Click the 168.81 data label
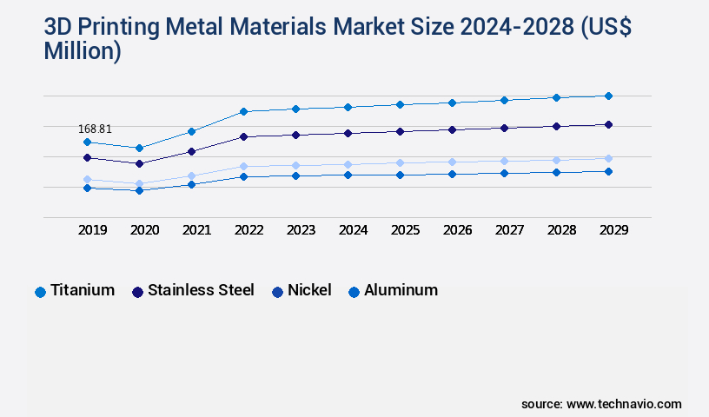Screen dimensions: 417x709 tap(95, 129)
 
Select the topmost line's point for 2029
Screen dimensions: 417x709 tap(608, 96)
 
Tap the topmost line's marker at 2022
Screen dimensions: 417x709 tap(243, 111)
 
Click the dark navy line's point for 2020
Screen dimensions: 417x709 tap(139, 163)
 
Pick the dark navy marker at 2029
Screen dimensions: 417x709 tap(608, 124)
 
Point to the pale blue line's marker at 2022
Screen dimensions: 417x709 tap(243, 166)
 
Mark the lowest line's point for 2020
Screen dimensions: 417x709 tap(139, 190)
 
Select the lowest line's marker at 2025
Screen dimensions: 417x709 tap(400, 175)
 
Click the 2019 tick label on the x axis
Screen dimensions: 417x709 tap(93, 230)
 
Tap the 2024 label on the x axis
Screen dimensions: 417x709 tap(354, 230)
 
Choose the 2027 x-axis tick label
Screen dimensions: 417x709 tap(510, 230)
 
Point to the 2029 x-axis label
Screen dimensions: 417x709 tap(613, 230)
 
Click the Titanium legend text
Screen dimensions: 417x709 tap(83, 290)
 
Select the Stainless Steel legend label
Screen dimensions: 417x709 tap(201, 290)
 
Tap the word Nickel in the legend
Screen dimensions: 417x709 tap(309, 290)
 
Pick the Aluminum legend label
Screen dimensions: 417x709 tap(401, 290)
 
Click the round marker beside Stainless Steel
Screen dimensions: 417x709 tap(137, 292)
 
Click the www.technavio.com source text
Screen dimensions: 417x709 tap(624, 404)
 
